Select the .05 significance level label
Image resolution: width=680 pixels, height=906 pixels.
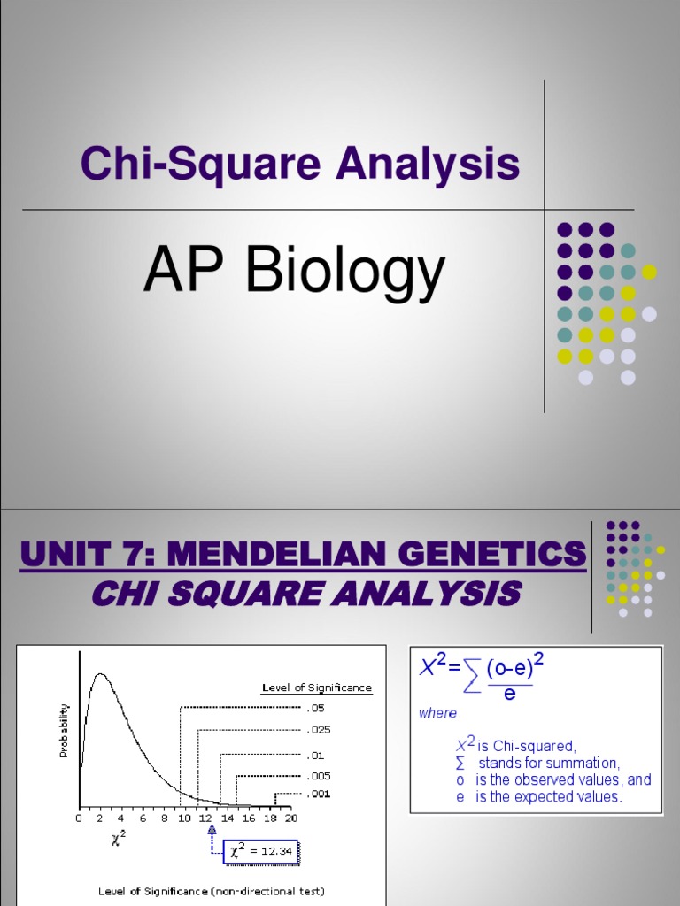(x=316, y=708)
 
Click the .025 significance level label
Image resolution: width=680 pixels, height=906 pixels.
(x=319, y=730)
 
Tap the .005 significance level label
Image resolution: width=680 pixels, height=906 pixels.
(x=319, y=775)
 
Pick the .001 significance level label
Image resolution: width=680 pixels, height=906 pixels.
(x=319, y=794)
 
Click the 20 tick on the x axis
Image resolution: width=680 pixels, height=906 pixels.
(x=290, y=818)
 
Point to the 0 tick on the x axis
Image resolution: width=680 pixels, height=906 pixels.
(x=79, y=818)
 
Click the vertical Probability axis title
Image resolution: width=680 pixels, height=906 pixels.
(x=64, y=730)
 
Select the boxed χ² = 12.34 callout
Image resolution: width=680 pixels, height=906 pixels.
(x=262, y=851)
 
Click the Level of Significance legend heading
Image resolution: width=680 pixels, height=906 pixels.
(x=316, y=687)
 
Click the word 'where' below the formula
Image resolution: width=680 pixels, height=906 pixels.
(x=437, y=713)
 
